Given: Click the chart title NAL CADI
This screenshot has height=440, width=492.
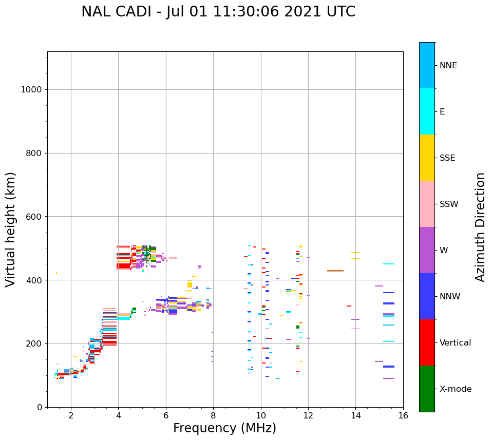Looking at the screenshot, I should [x=218, y=12].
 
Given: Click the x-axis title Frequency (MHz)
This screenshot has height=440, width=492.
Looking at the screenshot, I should [x=224, y=428].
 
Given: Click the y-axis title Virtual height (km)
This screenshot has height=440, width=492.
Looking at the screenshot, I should [x=11, y=229].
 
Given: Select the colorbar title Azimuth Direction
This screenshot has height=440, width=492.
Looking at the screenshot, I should [x=480, y=227].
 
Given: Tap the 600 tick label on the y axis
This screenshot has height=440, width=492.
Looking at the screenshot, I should [x=34, y=217].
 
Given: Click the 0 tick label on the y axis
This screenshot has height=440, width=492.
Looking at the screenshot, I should [x=39, y=407].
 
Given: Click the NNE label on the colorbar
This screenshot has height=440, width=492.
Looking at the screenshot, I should [x=448, y=66].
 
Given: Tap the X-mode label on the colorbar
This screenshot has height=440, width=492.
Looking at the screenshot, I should [x=456, y=389].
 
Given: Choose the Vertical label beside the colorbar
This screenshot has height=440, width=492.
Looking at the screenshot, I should [x=455, y=343].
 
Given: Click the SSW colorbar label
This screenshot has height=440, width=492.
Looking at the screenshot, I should [x=449, y=204].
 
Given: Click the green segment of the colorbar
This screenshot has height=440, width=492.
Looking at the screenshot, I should [x=427, y=389].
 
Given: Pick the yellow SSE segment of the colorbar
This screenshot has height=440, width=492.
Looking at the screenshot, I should [x=427, y=158].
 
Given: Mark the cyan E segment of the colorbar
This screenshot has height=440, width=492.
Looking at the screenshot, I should [x=427, y=111].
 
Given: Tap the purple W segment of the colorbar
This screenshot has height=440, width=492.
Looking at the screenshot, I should [x=427, y=250].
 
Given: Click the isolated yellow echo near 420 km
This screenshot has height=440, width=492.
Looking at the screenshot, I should [x=56, y=273].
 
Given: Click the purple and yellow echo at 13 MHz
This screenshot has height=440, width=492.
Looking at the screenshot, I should [x=335, y=271].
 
